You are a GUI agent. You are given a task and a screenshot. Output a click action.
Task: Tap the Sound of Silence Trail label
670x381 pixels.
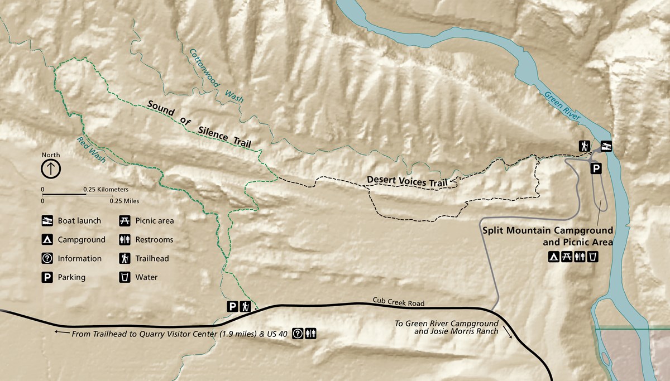[199, 124]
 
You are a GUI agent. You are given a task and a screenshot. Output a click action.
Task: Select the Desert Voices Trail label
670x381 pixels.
[408, 181]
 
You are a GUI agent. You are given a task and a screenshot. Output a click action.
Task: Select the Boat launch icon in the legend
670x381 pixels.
[47, 221]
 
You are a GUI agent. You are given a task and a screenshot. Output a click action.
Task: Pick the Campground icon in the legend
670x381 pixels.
[47, 240]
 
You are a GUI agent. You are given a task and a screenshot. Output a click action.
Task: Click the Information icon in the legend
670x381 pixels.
[47, 259]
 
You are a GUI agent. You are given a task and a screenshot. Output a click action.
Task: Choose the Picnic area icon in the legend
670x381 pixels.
[125, 221]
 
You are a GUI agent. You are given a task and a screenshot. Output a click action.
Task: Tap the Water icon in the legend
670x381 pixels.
[125, 277]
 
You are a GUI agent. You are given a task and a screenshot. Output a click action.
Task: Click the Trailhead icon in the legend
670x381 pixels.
[125, 259]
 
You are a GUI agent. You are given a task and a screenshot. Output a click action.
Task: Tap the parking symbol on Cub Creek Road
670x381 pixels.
[232, 306]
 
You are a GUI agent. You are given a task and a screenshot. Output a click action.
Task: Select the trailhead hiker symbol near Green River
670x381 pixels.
[584, 146]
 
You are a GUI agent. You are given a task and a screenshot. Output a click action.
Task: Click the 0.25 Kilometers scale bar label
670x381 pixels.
[106, 190]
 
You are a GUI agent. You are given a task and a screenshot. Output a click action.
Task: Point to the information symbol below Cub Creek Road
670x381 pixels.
[298, 334]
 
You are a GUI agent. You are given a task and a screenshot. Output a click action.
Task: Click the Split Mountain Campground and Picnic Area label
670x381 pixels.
[547, 236]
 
